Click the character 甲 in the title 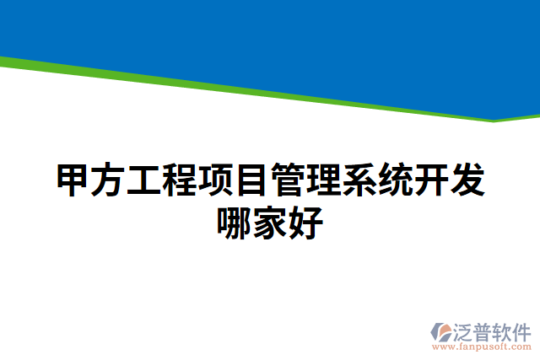tap(73, 181)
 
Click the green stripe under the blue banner tap(253, 92)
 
